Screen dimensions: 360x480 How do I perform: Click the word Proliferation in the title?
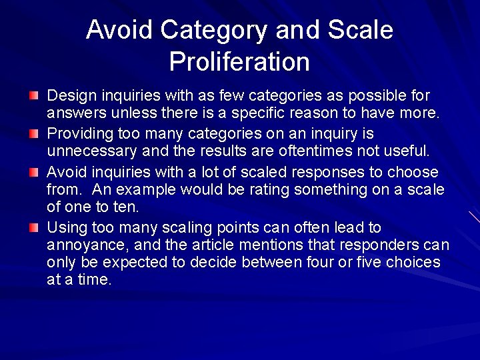[x=239, y=62]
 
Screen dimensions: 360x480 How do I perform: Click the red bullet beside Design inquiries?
[x=34, y=96]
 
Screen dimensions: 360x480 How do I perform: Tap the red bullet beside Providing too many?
[x=34, y=134]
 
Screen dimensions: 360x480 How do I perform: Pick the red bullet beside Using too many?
[x=34, y=228]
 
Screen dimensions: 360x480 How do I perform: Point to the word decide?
[x=166, y=262]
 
